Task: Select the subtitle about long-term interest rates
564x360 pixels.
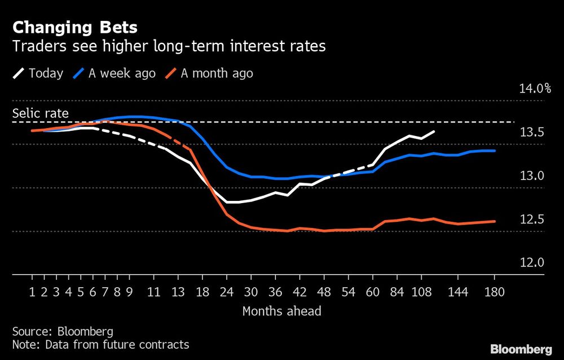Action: pyautogui.click(x=169, y=46)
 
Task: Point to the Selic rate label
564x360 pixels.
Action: pyautogui.click(x=41, y=113)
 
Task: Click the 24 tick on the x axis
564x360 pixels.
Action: pyautogui.click(x=227, y=292)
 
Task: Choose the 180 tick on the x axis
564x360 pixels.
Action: pyautogui.click(x=495, y=292)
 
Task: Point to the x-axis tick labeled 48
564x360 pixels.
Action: pyautogui.click(x=324, y=292)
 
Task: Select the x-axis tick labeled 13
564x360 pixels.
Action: pyautogui.click(x=178, y=292)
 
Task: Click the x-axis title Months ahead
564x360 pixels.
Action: pyautogui.click(x=281, y=311)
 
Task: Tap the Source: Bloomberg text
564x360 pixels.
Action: pyautogui.click(x=63, y=331)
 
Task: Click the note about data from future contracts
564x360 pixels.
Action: pyautogui.click(x=100, y=344)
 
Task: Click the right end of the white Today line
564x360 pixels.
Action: pyautogui.click(x=434, y=131)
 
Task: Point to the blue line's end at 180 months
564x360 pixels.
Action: pyautogui.click(x=495, y=151)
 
